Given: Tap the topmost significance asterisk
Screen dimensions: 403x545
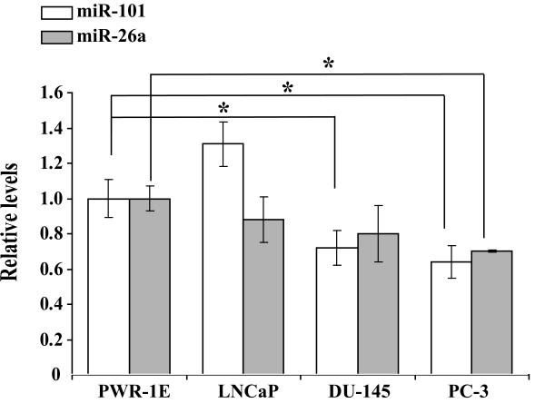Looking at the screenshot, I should [329, 64].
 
